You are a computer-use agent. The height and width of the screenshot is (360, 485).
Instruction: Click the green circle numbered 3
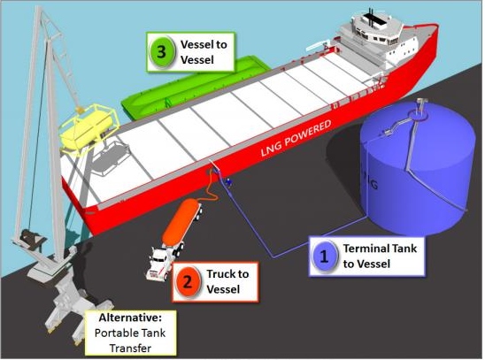tap(160, 52)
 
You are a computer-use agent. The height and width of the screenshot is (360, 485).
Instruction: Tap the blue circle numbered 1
tap(325, 257)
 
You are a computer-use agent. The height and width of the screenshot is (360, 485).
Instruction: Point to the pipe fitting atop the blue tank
tap(419, 110)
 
